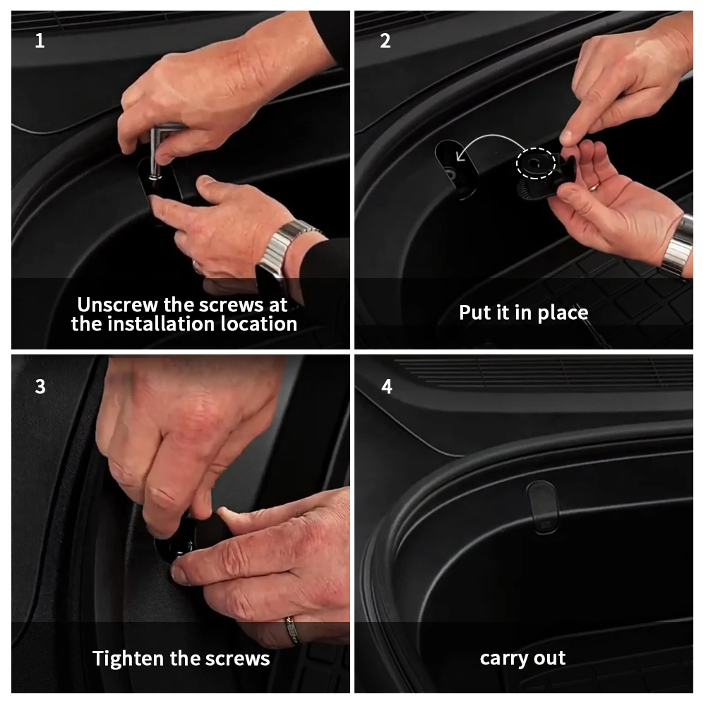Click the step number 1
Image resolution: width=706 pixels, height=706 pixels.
point(40,41)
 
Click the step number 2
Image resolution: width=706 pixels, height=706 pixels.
point(385,41)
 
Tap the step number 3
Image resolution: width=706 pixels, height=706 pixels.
point(40,386)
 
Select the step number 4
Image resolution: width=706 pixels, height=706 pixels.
point(387,386)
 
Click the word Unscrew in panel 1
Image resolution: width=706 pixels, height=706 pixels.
point(118,305)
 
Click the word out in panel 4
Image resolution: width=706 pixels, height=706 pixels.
point(550,658)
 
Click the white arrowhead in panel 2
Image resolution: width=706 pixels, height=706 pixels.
point(460,156)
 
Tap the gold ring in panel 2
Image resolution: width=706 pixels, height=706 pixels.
point(594,186)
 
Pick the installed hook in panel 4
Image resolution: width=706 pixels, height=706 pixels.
point(543,506)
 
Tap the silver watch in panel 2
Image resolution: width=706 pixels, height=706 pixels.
point(680,246)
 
